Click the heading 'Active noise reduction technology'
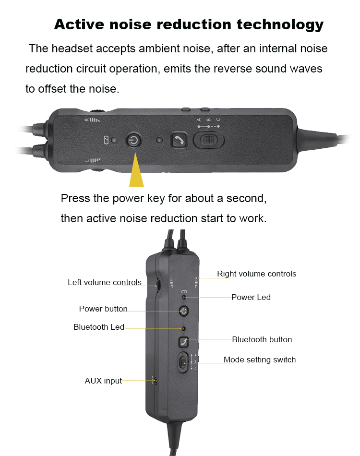tap(189, 24)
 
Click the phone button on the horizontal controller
tap(179, 140)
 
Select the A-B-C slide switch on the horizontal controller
tap(208, 140)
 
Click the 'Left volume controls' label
tap(104, 282)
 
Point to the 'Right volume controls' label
tap(256, 274)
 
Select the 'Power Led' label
tap(251, 297)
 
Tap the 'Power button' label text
tap(103, 309)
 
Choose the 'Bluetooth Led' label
tap(99, 327)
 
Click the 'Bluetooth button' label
tap(262, 339)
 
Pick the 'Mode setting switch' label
tap(260, 360)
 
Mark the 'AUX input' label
tap(103, 381)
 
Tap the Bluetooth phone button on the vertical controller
tap(183, 342)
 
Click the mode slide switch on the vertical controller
tap(183, 362)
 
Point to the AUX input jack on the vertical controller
tap(154, 381)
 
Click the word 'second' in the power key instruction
tap(246, 198)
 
